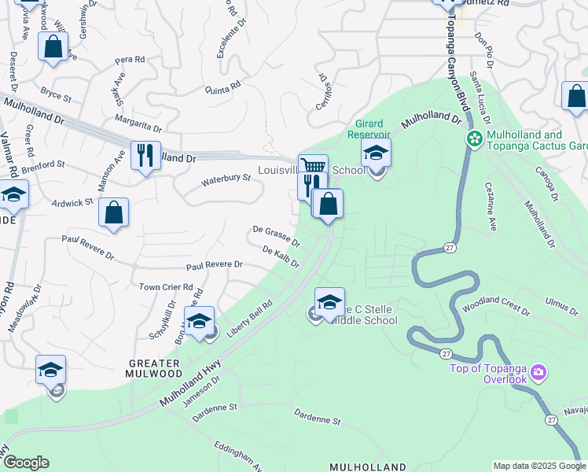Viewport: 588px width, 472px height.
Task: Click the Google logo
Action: pos(26,463)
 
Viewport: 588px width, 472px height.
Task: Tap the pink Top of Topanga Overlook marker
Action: pos(538,371)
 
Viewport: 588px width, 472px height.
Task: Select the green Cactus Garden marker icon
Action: pos(474,139)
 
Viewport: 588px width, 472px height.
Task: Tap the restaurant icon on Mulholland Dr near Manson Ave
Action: pos(145,156)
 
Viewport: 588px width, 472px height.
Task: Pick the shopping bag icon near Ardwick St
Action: pos(114,212)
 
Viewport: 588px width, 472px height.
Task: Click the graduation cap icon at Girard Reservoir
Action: pos(377,153)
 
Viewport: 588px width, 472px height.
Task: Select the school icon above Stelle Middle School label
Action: pos(329,302)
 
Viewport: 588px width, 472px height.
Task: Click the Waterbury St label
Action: pos(226,179)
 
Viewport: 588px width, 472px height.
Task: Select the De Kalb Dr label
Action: pos(281,256)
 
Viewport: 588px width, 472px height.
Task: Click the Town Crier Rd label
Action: pos(166,287)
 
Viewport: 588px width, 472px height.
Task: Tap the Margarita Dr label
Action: pos(138,125)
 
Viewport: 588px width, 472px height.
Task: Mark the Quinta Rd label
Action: pos(221,89)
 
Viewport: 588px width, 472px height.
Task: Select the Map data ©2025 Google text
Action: pos(538,466)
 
